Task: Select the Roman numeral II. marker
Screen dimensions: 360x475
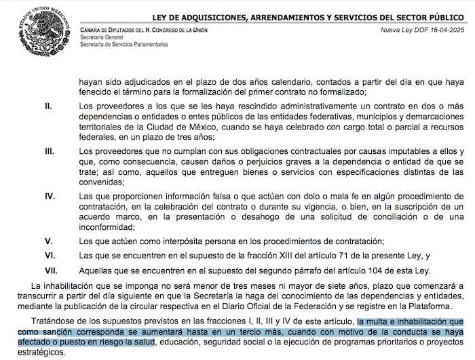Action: [48, 106]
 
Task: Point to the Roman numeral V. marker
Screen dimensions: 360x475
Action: [48, 241]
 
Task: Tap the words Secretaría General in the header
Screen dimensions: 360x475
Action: [100, 38]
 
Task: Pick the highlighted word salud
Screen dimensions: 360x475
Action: [142, 343]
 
